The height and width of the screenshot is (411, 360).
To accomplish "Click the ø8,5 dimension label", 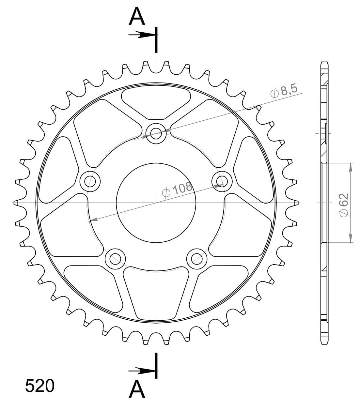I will pos(284,91).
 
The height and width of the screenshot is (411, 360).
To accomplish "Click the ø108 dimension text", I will pos(177,190).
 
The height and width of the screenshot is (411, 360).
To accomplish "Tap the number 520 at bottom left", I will pos(39,386).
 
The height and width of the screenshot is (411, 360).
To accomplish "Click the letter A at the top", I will pos(137,17).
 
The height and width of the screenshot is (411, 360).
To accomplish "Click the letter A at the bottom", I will pos(137,389).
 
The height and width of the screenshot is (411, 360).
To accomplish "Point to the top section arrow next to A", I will pos(141,35).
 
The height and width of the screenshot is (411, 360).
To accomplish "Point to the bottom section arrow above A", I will pos(141,371).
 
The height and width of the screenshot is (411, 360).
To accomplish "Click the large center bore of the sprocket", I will pos(156,203).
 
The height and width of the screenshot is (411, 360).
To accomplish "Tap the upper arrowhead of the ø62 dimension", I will pos(351,166).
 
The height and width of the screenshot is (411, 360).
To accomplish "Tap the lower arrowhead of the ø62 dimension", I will pos(351,239).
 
